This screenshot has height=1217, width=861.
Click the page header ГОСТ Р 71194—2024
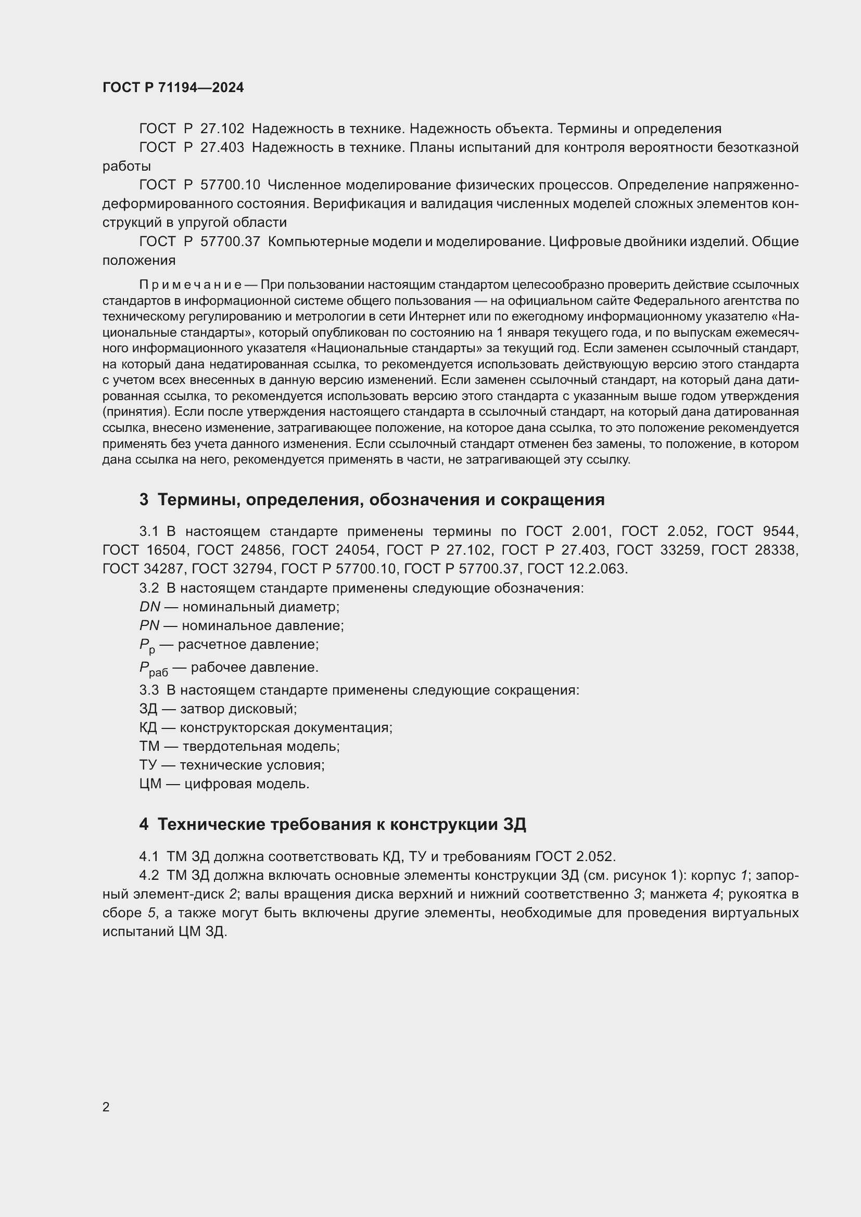173,87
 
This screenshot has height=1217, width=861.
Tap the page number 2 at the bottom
106,1107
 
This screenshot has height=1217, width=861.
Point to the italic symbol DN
149,606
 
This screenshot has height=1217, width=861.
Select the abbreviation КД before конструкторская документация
148,727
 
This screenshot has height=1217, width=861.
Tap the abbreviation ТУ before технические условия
148,765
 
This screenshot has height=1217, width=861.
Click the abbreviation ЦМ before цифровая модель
150,784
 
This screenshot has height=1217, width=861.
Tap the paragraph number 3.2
149,588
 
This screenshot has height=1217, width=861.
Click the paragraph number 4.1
149,856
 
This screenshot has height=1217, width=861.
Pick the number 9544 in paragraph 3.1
780,531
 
